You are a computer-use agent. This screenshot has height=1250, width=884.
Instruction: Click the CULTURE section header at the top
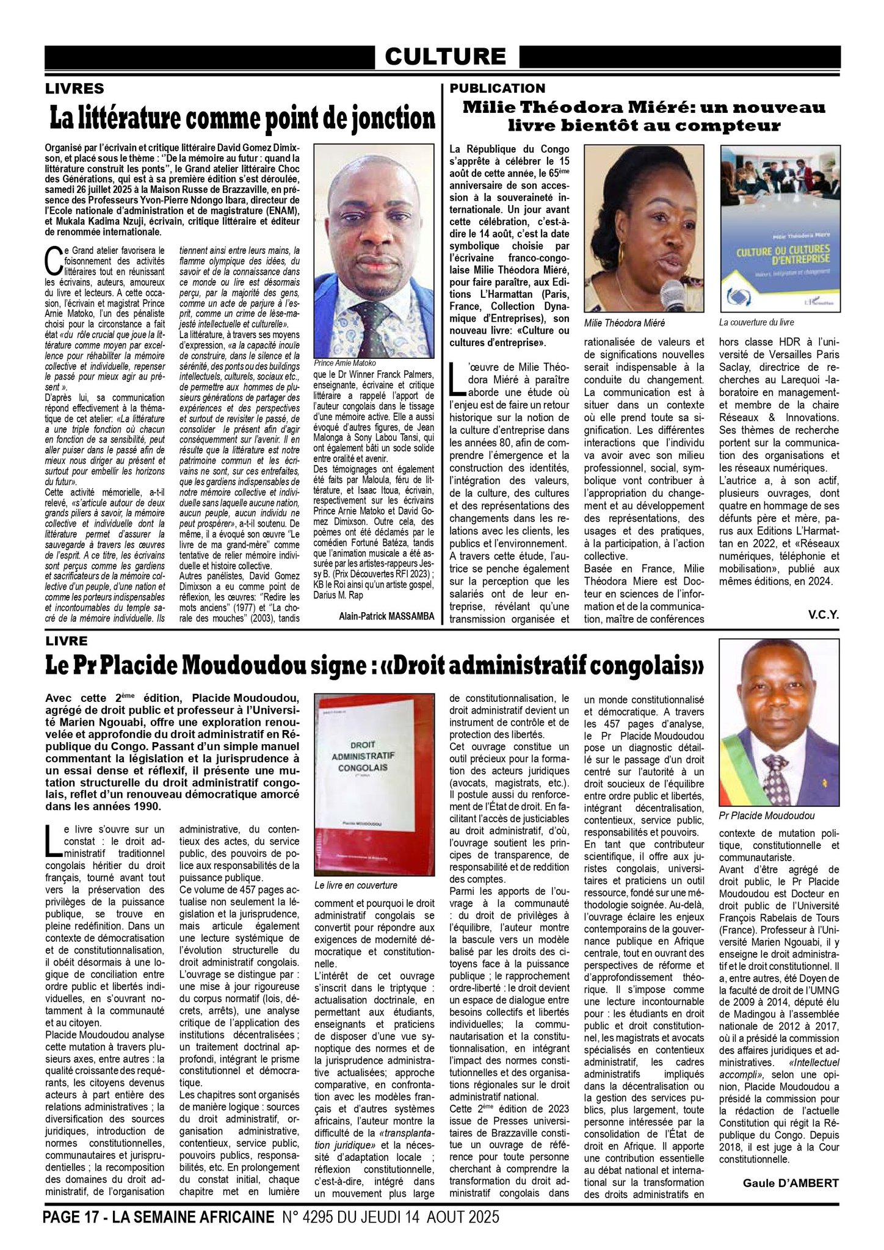tap(445, 57)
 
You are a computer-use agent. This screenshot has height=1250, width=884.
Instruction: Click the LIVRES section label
tap(74, 89)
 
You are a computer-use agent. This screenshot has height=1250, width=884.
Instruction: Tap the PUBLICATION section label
tap(497, 89)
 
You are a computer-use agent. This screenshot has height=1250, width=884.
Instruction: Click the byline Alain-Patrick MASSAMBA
tap(386, 616)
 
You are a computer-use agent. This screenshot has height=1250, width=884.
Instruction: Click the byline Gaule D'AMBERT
tap(791, 1183)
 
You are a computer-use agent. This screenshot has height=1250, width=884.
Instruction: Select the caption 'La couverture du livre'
tap(756, 322)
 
